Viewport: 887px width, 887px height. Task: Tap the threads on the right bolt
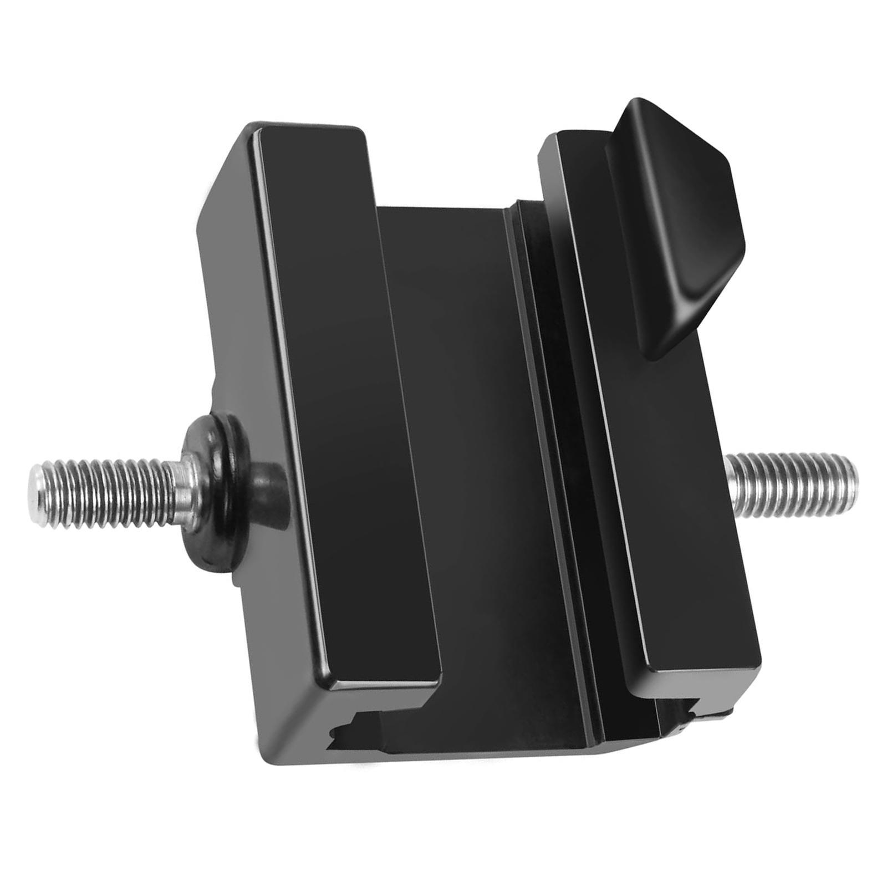[787, 482]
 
